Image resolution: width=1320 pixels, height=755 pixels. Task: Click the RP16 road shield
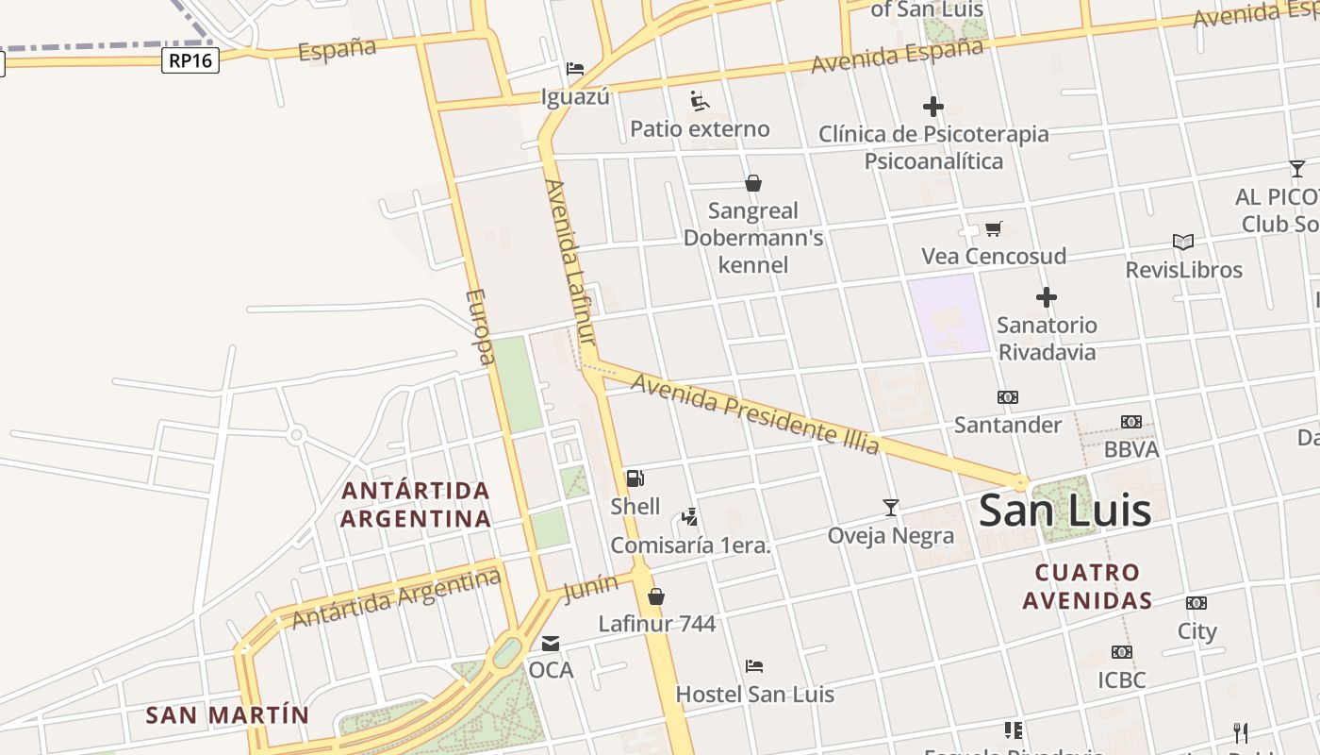click(190, 61)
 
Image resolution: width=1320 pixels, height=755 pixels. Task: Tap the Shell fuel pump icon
click(635, 478)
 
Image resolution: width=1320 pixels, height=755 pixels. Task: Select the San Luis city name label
click(1064, 511)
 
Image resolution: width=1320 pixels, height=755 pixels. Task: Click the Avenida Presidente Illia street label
click(754, 413)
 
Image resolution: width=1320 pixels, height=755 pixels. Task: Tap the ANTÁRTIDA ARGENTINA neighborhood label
click(416, 504)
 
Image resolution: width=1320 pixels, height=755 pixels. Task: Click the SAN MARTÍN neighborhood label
click(227, 715)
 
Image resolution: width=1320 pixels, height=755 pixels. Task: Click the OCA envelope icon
click(551, 644)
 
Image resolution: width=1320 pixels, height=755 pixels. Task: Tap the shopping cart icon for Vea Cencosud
click(993, 228)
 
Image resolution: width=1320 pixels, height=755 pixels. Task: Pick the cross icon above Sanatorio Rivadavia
click(1046, 298)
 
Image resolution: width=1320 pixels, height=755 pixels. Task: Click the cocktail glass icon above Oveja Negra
click(891, 508)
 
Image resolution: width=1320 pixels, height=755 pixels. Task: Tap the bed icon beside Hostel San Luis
click(753, 666)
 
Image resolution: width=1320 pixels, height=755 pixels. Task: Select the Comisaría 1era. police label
click(690, 545)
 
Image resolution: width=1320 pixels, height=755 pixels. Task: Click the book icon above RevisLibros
click(1182, 243)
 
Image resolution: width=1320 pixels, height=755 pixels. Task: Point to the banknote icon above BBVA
click(1130, 422)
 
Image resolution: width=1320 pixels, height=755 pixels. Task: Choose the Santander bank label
click(1007, 425)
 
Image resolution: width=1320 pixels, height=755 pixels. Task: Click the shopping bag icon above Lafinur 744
click(656, 596)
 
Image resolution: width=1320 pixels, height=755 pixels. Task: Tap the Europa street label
click(479, 326)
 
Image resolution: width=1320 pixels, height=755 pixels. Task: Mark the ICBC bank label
click(1121, 679)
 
